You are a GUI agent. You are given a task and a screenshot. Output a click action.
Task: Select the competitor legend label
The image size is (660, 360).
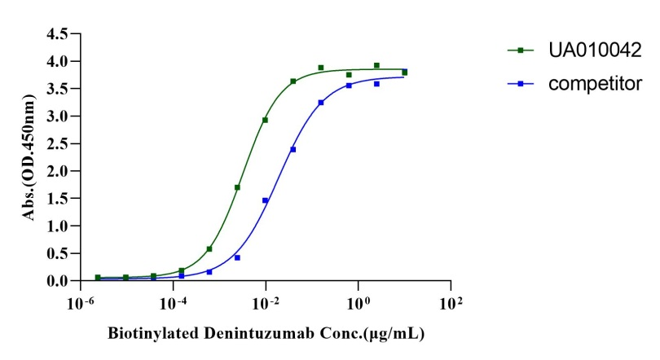(x=589, y=82)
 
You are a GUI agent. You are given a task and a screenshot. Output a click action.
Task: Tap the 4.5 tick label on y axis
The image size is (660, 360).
(x=57, y=34)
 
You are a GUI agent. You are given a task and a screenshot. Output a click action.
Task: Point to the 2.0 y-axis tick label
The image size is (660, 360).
(x=57, y=171)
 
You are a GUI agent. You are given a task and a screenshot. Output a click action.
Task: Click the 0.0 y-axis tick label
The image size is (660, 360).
(x=57, y=281)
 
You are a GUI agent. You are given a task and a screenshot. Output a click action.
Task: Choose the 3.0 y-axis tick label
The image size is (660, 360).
(x=57, y=116)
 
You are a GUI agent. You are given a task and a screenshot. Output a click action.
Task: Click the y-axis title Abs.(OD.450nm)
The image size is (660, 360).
(x=30, y=158)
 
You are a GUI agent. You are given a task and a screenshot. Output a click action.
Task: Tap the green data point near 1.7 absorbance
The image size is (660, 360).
(x=237, y=187)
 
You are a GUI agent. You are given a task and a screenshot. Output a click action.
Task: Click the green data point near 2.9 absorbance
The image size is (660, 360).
(x=265, y=120)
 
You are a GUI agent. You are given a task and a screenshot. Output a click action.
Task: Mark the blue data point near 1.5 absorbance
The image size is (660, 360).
(x=265, y=200)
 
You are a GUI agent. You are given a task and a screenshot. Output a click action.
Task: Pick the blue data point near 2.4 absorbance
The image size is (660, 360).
(x=293, y=149)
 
